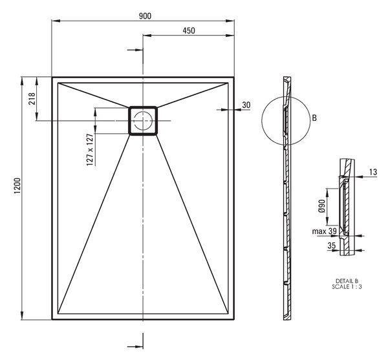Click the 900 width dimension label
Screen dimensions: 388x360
click(145, 16)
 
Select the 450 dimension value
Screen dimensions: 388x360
click(189, 30)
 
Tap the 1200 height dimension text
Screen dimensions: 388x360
click(17, 186)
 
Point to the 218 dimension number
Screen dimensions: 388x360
click(32, 99)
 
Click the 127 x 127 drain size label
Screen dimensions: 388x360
click(90, 149)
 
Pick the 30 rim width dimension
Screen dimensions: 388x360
click(246, 105)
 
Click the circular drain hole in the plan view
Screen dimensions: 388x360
click(142, 121)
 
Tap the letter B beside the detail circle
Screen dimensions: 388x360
click(314, 118)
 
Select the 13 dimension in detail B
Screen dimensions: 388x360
click(373, 172)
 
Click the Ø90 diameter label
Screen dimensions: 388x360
click(321, 206)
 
